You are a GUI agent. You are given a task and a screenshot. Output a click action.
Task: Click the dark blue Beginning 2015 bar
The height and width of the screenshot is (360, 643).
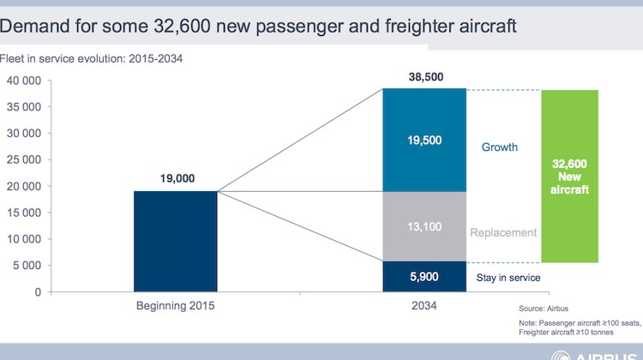(x=176, y=241)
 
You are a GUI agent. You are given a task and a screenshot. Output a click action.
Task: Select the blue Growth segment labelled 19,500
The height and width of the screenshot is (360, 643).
(x=425, y=139)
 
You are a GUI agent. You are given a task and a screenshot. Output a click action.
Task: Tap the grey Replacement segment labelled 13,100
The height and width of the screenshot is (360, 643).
(x=425, y=226)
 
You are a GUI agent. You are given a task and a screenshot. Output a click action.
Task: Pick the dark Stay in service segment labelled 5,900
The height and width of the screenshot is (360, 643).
(x=425, y=276)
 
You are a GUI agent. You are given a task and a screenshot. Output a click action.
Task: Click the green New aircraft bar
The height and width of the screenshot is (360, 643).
(x=569, y=176)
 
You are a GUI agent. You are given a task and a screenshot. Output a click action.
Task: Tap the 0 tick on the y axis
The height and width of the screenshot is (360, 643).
(x=39, y=292)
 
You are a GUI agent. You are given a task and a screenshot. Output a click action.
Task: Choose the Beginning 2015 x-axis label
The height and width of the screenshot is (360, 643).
(x=176, y=306)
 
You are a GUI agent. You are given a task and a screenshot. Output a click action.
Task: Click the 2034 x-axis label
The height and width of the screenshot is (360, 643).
(x=425, y=306)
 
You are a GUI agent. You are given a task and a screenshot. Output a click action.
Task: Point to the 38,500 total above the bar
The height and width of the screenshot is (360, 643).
(x=425, y=77)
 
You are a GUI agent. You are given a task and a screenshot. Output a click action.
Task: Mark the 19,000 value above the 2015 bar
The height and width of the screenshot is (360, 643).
(x=176, y=179)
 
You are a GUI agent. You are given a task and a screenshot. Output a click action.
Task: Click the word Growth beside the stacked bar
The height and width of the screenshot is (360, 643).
(x=499, y=147)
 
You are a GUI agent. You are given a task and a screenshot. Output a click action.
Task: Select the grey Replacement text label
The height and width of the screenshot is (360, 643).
(x=504, y=232)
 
